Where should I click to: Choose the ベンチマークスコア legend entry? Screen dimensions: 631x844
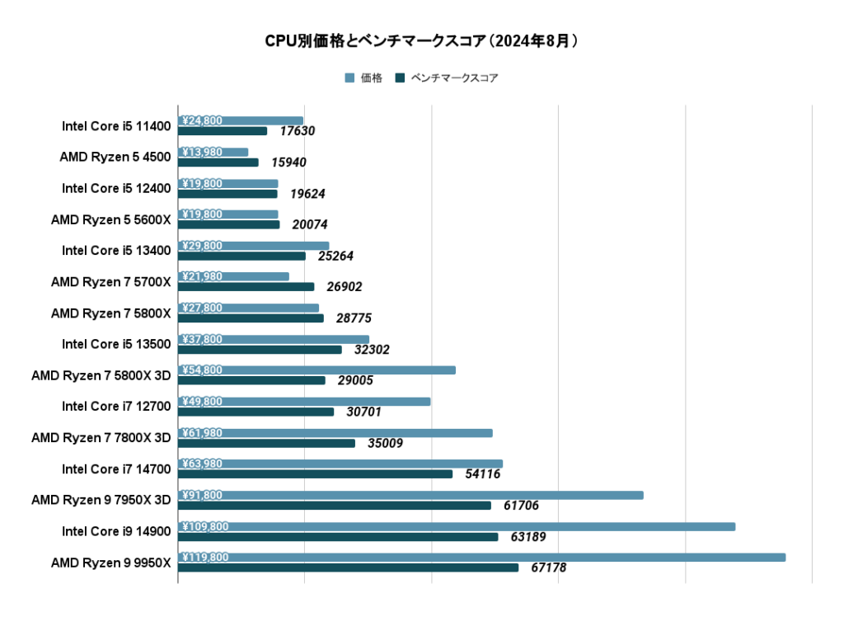click(447, 78)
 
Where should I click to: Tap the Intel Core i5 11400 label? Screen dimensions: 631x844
click(116, 126)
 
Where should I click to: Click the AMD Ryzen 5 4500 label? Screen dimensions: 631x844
click(115, 157)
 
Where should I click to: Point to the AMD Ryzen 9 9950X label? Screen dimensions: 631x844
click(110, 563)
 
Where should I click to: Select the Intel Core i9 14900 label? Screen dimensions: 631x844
click(116, 531)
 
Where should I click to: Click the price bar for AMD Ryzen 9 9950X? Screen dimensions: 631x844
click(481, 558)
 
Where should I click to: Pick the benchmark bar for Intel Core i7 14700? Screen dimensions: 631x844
click(315, 474)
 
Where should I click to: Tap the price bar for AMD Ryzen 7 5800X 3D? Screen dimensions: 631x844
click(316, 370)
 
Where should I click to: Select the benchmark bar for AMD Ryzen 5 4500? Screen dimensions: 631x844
click(218, 162)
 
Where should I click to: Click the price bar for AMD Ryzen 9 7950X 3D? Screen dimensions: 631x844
click(410, 495)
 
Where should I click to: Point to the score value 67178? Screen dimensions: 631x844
click(549, 568)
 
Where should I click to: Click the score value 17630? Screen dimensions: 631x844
click(298, 131)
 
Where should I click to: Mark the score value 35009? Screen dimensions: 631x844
click(385, 444)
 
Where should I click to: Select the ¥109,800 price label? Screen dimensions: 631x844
click(205, 526)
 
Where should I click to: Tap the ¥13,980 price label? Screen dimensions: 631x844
click(202, 152)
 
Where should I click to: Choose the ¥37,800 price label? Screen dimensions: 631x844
click(202, 339)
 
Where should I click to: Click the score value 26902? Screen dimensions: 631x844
click(345, 287)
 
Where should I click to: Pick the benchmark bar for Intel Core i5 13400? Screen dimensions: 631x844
click(241, 256)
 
